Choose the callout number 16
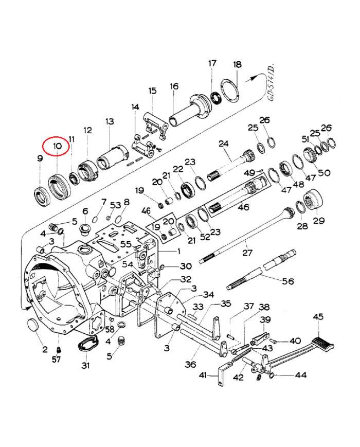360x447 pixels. (174, 86)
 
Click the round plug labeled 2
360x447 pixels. (33, 325)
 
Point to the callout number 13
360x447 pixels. (110, 121)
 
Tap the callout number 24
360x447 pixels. (223, 143)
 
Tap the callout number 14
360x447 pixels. (135, 107)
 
